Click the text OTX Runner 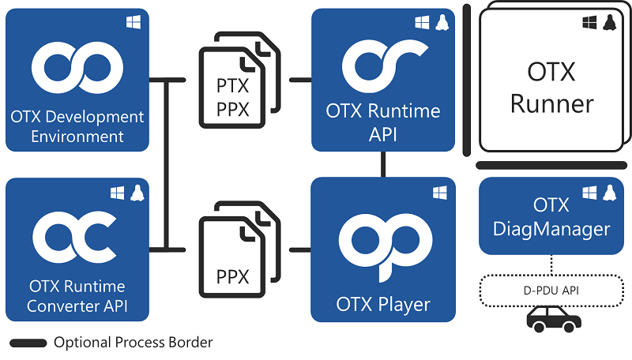click(x=551, y=87)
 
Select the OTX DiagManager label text click(x=551, y=218)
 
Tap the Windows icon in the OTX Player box click(x=439, y=192)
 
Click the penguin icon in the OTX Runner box click(x=609, y=24)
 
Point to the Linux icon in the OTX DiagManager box click(x=609, y=192)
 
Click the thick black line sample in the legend click(x=27, y=343)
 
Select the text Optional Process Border click(x=133, y=343)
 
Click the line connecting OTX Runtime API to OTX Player click(x=384, y=164)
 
